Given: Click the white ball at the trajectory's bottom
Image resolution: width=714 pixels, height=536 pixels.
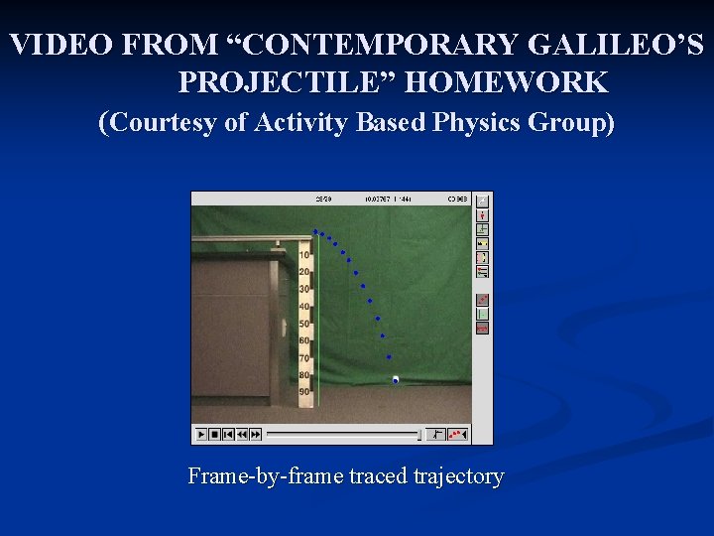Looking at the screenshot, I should click(x=395, y=380).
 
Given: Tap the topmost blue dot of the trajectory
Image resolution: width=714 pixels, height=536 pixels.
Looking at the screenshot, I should click(x=315, y=231).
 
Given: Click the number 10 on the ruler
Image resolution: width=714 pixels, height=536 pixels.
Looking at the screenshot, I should click(x=304, y=255).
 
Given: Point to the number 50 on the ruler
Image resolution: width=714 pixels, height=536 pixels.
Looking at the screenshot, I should click(x=304, y=324).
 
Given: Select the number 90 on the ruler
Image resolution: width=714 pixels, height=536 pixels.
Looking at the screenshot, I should click(x=304, y=392).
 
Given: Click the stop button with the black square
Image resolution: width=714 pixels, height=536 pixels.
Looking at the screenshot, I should click(x=214, y=435).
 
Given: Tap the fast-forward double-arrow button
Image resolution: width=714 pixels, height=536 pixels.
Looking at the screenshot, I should click(x=254, y=435).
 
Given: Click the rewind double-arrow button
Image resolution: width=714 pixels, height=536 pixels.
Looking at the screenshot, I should click(x=241, y=435).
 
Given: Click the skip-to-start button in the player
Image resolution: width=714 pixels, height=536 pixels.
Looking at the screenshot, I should click(x=228, y=435).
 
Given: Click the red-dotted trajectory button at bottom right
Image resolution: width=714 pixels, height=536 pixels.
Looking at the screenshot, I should click(x=457, y=435).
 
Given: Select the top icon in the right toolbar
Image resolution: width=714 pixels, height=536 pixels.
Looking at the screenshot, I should click(x=483, y=201).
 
